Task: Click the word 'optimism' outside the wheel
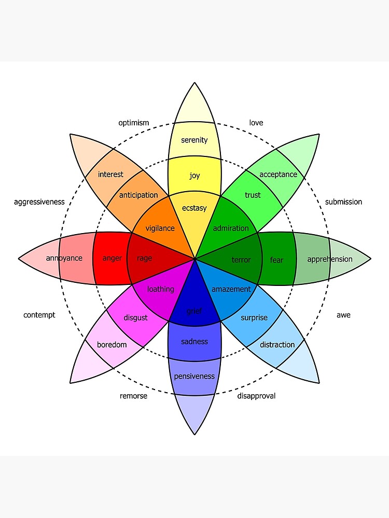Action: pyautogui.click(x=133, y=123)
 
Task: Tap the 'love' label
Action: pyautogui.click(x=256, y=123)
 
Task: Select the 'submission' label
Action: pyautogui.click(x=343, y=202)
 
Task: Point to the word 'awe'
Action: pyautogui.click(x=343, y=315)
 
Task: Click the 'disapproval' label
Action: pyautogui.click(x=256, y=396)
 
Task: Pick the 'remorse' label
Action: pyautogui.click(x=133, y=396)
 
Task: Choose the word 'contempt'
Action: pyautogui.click(x=39, y=315)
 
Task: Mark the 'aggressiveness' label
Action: pyautogui.click(x=39, y=202)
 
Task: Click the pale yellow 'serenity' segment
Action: pyautogui.click(x=195, y=140)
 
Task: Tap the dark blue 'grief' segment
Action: pyautogui.click(x=195, y=311)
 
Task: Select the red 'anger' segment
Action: pyautogui.click(x=112, y=258)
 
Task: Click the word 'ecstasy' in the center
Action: pyautogui.click(x=195, y=208)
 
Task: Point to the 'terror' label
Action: pyautogui.click(x=241, y=260)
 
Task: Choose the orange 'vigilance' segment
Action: pyautogui.click(x=160, y=228)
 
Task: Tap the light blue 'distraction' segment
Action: pyautogui.click(x=277, y=344)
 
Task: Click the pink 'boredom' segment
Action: pyautogui.click(x=112, y=344)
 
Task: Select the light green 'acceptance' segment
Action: pyautogui.click(x=278, y=175)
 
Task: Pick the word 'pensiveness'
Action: pyautogui.click(x=195, y=376)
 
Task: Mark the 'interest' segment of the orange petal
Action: pyautogui.click(x=110, y=175)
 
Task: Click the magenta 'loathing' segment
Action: pyautogui.click(x=161, y=289)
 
